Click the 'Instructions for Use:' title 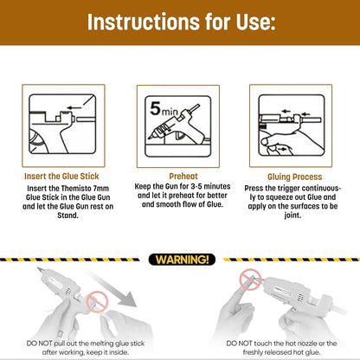click(181, 22)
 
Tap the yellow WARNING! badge click(182, 260)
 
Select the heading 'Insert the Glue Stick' click(61, 177)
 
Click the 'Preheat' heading click(183, 176)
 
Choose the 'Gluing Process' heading click(295, 177)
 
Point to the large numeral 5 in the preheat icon click(155, 108)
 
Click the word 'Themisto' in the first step click(76, 189)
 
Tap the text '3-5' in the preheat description click(196, 186)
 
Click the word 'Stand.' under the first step click(67, 215)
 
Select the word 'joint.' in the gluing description click(292, 215)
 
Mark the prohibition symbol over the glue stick click(97, 302)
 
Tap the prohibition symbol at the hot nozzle click(250, 280)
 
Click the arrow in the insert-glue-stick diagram click(74, 108)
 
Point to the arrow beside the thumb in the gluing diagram click(281, 149)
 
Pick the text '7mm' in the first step click(101, 189)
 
